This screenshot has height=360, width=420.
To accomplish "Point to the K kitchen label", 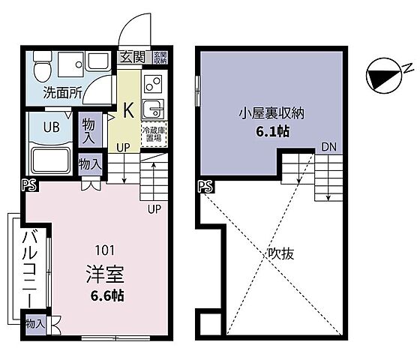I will pyautogui.click(x=128, y=109).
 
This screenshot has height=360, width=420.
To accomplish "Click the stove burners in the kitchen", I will pyautogui.click(x=152, y=82).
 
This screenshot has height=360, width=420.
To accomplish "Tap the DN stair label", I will pyautogui.click(x=328, y=147).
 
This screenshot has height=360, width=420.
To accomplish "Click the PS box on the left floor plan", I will pyautogui.click(x=27, y=184).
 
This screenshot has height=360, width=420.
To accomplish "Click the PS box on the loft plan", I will pyautogui.click(x=203, y=187).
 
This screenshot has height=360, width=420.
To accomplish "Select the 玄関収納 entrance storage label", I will pyautogui.click(x=160, y=56).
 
